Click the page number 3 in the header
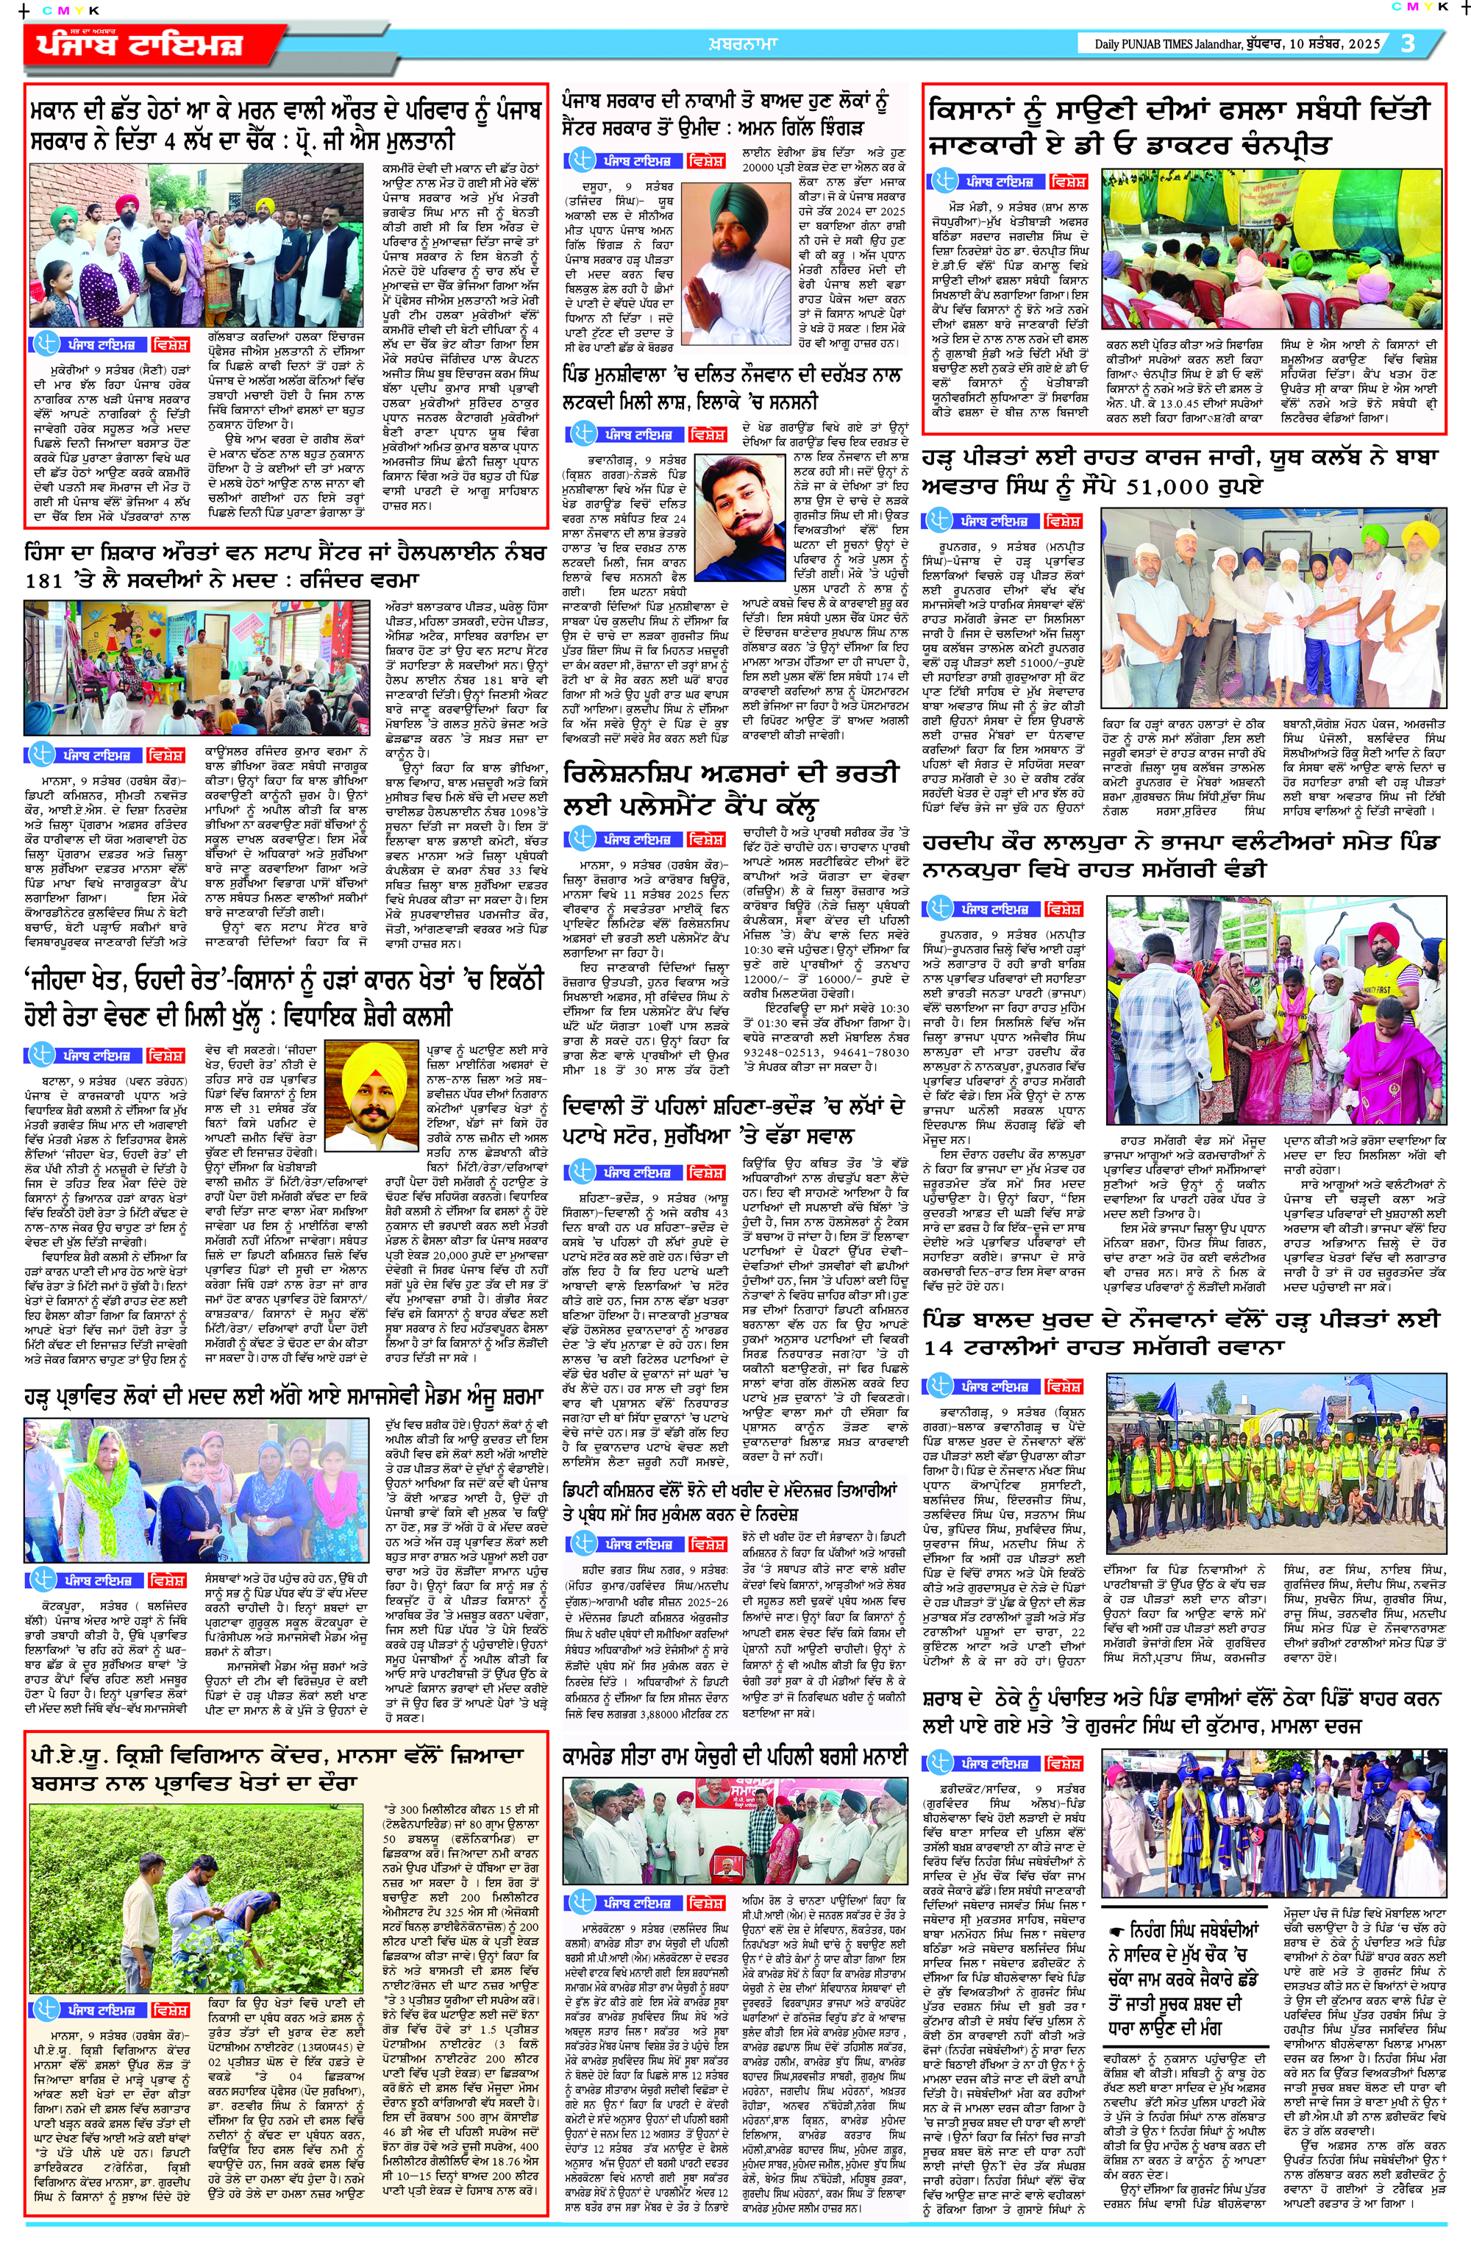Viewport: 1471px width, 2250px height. point(1408,43)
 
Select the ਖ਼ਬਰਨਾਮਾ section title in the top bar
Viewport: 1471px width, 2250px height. point(742,43)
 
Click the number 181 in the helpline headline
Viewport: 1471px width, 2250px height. point(43,580)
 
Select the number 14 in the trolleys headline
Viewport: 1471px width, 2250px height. point(938,1348)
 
